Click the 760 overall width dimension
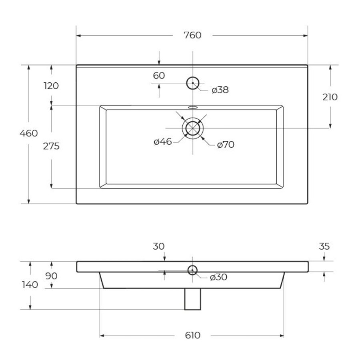(192, 35)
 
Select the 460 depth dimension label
(29, 133)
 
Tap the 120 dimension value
(51, 86)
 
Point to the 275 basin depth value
(51, 146)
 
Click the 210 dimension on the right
(330, 97)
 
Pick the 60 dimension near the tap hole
(159, 76)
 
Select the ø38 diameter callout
(220, 90)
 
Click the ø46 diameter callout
(163, 142)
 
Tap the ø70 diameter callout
(226, 145)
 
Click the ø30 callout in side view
(218, 277)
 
